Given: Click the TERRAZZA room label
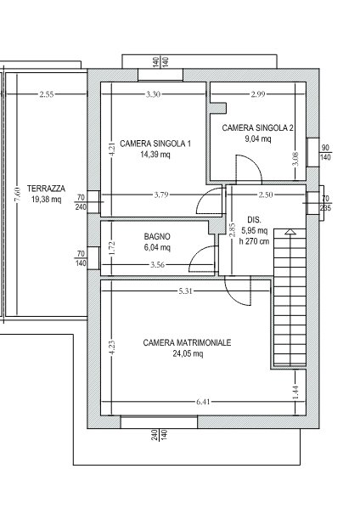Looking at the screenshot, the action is point(46,189).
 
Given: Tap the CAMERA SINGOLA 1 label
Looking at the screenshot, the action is point(155,144).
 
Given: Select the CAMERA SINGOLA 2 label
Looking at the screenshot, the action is point(258,128).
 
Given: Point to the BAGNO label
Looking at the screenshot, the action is point(157,236).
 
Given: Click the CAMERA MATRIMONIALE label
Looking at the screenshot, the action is point(187,342).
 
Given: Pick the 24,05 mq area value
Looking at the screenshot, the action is point(188,353).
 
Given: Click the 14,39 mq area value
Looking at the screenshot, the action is point(155,155).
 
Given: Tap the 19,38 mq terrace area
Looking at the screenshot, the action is point(46,200).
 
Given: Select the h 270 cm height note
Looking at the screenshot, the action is point(254,241).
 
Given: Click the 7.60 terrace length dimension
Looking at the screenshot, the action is point(18,195).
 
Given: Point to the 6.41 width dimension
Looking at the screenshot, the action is point(203,402).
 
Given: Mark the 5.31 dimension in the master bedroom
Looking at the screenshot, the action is point(185,291).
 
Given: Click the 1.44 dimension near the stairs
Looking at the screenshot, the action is point(295,392).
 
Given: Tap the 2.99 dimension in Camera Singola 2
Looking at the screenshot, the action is point(258,94).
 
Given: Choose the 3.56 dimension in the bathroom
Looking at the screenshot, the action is point(157,265).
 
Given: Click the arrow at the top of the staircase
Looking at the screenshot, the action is point(290,231).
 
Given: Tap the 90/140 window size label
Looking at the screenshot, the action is point(325,153).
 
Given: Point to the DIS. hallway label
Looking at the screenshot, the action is point(254,220).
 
